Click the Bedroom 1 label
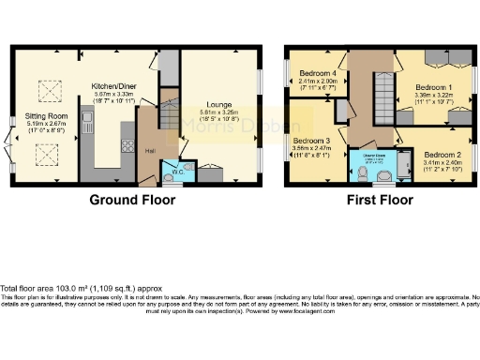(434, 87)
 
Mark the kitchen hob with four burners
(127, 145)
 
